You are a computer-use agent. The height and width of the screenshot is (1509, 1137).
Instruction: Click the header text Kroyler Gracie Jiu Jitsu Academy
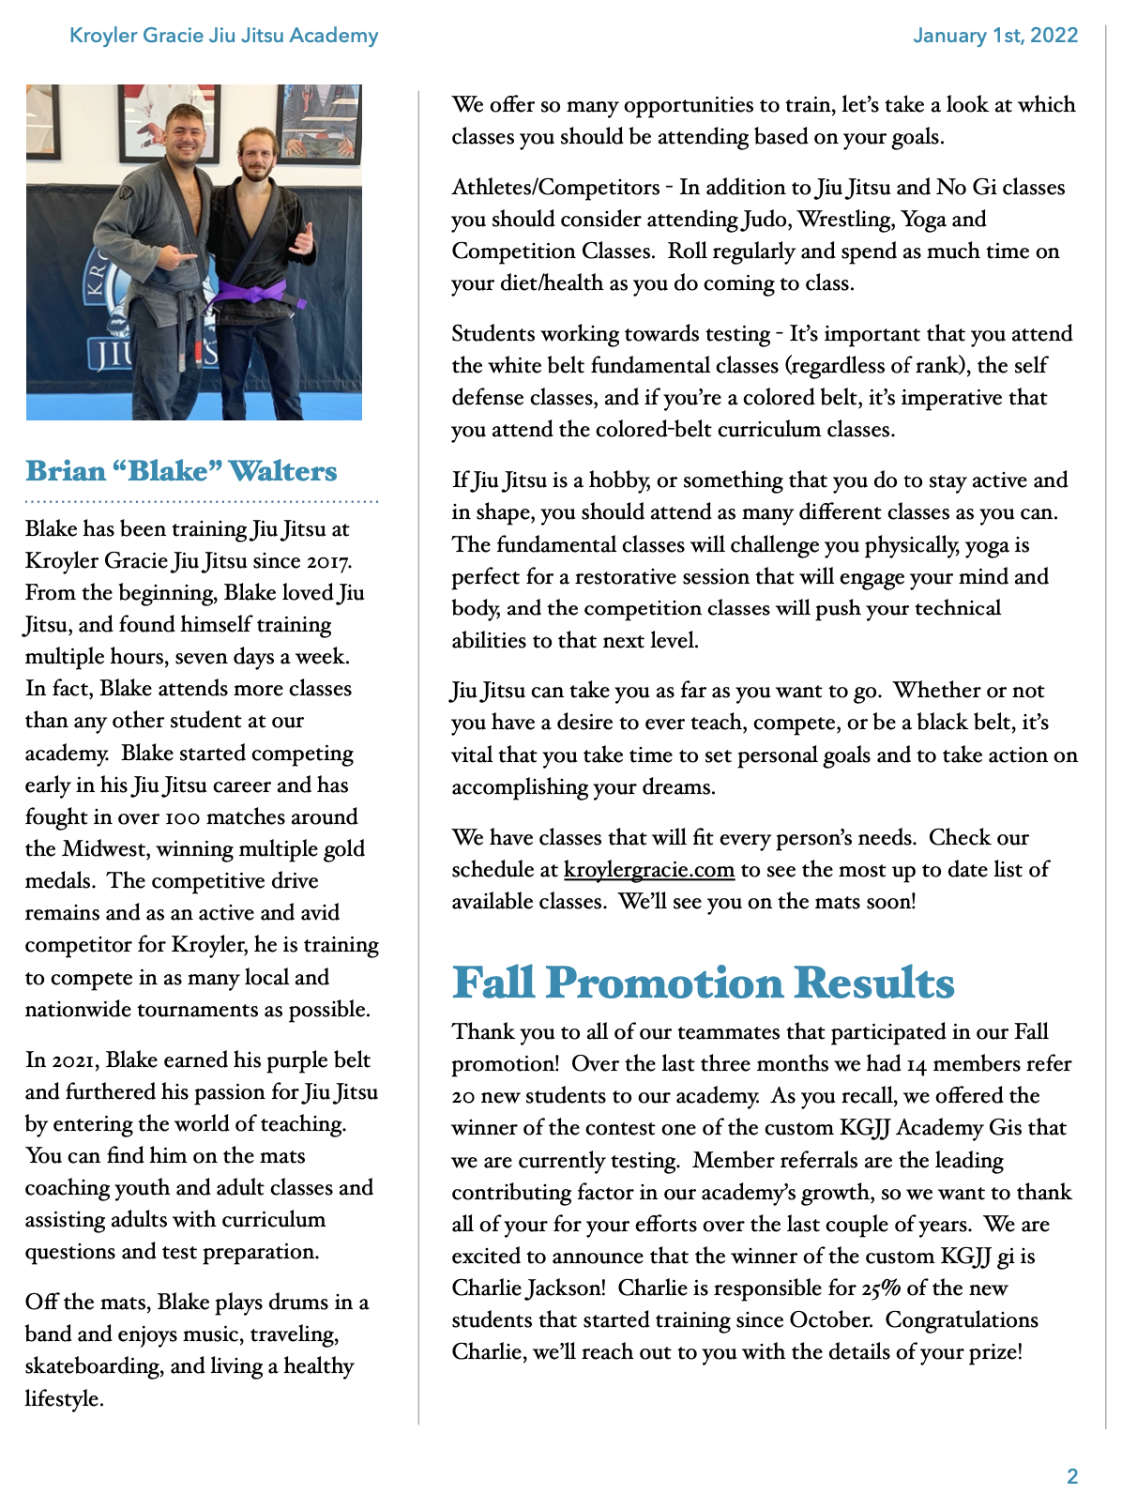point(223,36)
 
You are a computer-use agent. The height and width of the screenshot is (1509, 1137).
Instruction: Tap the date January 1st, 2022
point(994,36)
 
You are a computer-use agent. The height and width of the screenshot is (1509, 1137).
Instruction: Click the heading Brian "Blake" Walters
point(181,470)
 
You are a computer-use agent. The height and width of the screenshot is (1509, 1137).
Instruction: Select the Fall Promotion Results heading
point(703,983)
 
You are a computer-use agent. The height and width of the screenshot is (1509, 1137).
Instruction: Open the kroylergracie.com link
point(648,870)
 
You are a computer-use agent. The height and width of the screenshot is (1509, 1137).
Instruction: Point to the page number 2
point(1071,1476)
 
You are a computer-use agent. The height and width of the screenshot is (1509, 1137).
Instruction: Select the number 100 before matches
point(182,817)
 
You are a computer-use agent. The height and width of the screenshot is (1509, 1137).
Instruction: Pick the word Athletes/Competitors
point(555,188)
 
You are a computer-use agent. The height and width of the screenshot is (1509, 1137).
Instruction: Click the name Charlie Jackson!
point(528,1288)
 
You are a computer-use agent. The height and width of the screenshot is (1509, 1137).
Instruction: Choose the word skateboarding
point(110,1366)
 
